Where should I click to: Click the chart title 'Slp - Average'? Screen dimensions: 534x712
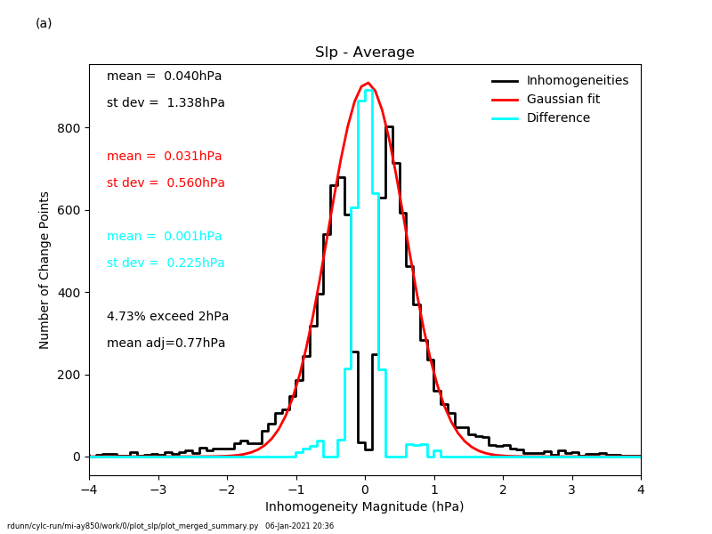pyautogui.click(x=365, y=53)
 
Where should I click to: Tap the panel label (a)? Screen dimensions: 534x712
pyautogui.click(x=44, y=23)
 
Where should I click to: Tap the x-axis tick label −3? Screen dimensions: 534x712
pyautogui.click(x=158, y=489)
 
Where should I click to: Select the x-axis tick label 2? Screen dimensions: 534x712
pyautogui.click(x=503, y=489)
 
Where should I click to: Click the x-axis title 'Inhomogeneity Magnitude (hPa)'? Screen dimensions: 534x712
pyautogui.click(x=365, y=507)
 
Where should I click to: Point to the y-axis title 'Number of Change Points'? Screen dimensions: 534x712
pyautogui.click(x=44, y=270)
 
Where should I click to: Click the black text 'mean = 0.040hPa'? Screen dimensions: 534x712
pyautogui.click(x=165, y=77)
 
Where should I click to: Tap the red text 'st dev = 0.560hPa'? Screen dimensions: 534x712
pyautogui.click(x=166, y=183)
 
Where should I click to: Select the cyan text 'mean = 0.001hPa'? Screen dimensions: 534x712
pyautogui.click(x=165, y=237)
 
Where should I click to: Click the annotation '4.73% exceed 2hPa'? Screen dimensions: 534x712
pyautogui.click(x=167, y=317)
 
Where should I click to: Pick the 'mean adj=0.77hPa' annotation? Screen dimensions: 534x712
pyautogui.click(x=166, y=344)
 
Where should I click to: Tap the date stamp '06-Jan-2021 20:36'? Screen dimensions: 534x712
pyautogui.click(x=299, y=526)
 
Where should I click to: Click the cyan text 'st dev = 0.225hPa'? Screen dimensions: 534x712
pyautogui.click(x=166, y=263)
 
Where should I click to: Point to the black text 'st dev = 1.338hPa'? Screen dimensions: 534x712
pyautogui.click(x=166, y=103)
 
